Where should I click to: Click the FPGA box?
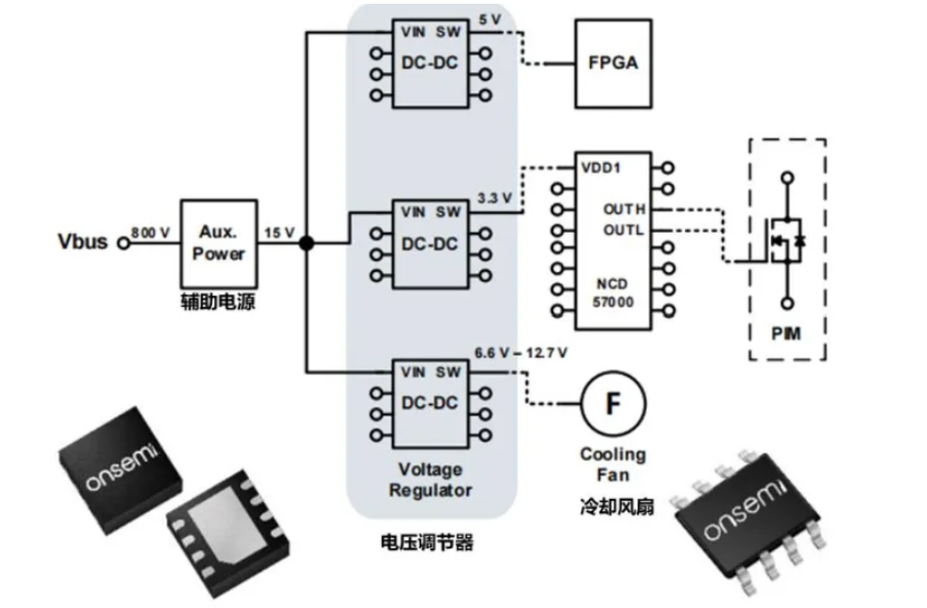pyautogui.click(x=612, y=64)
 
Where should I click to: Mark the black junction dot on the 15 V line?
pyautogui.click(x=305, y=243)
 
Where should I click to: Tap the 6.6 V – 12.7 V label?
pyautogui.click(x=520, y=353)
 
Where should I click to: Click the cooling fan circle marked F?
pyautogui.click(x=612, y=403)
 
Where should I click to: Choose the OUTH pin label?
pyautogui.click(x=624, y=209)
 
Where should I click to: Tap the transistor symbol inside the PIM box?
pyautogui.click(x=786, y=239)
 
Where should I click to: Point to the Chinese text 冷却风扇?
pyautogui.click(x=613, y=507)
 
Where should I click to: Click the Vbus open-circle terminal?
pyautogui.click(x=122, y=243)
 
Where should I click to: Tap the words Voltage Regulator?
pyautogui.click(x=430, y=480)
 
